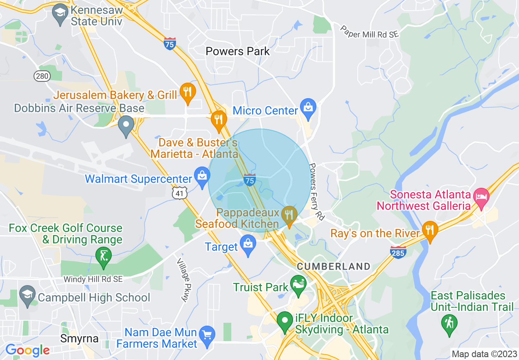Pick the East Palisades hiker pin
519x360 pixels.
coord(449,323)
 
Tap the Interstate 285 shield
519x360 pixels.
coord(398,252)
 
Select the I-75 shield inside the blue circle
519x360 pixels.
coord(250,180)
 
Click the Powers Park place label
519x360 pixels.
coord(238,52)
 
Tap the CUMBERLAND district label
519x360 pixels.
coord(334,267)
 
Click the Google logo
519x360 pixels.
coord(27,350)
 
